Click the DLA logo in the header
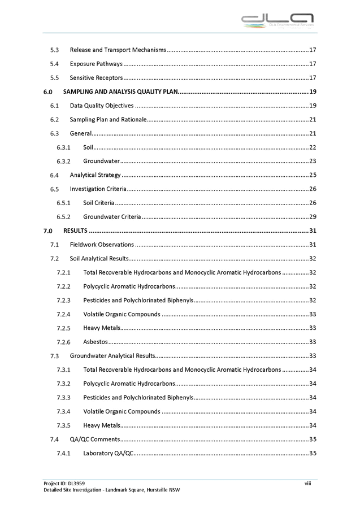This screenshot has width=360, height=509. tap(277, 22)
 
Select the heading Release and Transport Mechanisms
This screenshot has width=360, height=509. tap(118, 50)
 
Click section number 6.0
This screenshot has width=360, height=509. tap(47, 92)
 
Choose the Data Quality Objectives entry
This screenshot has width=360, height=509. tap(102, 106)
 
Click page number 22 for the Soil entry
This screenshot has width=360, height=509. tap(313, 147)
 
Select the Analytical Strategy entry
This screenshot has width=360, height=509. tap(95, 175)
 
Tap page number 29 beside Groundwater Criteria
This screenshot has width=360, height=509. tap(313, 216)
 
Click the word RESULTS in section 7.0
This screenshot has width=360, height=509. tap(75, 230)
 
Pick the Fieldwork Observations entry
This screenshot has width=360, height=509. tap(102, 245)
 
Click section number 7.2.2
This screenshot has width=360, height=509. tap(63, 286)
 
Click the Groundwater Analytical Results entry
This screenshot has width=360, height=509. tap(113, 356)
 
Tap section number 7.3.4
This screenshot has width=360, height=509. tap(63, 411)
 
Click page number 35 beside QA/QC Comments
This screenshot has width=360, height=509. tap(313, 439)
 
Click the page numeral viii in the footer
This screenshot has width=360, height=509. tap(308, 483)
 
